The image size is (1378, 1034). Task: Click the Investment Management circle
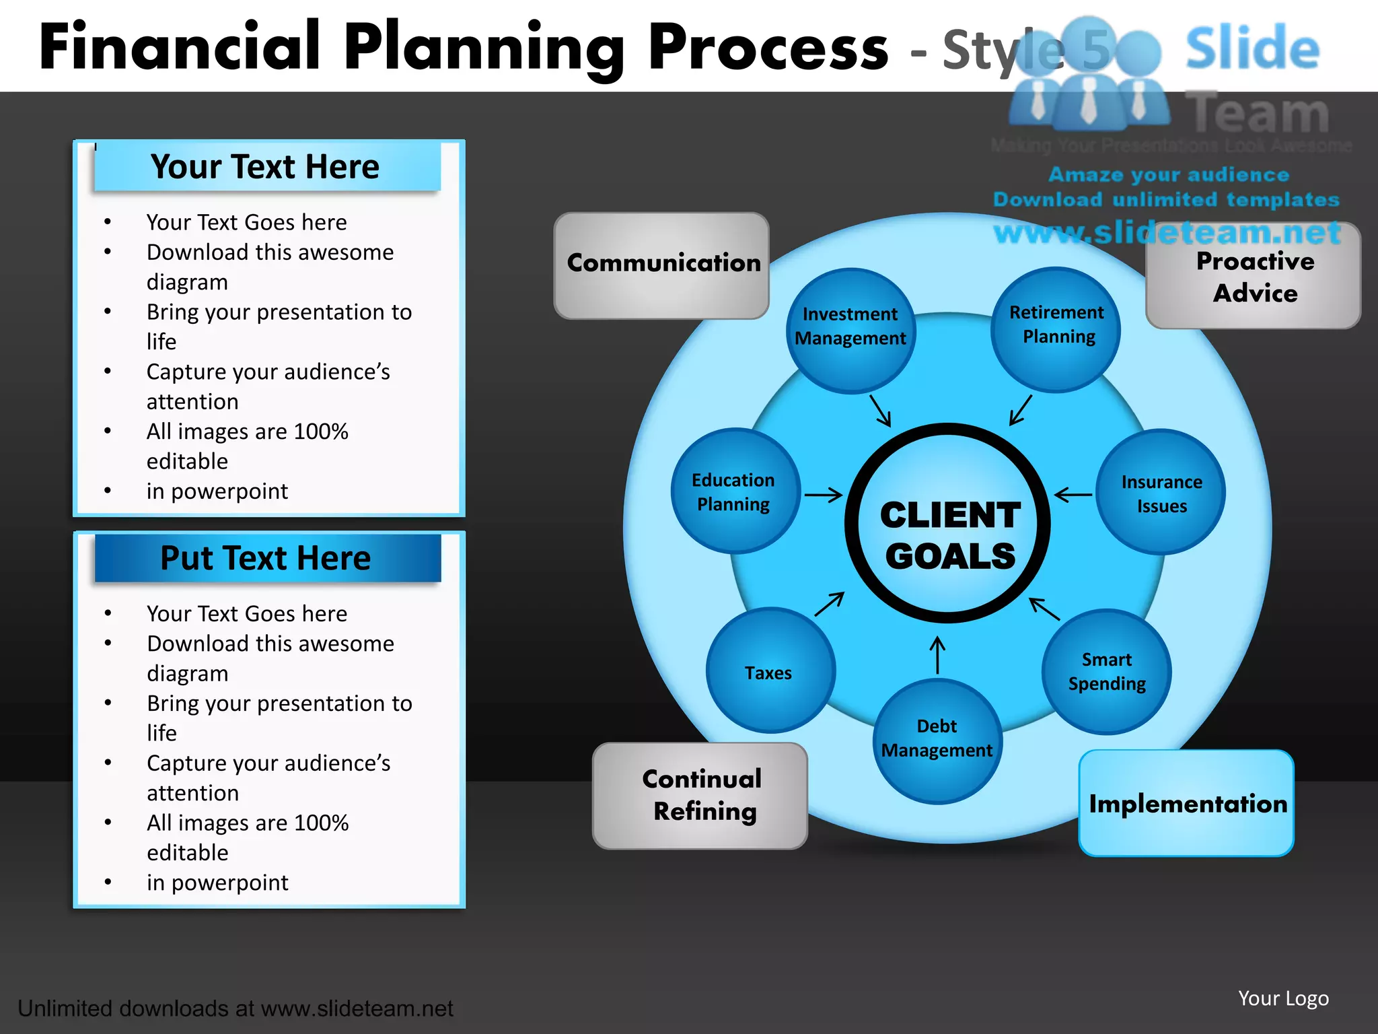pyautogui.click(x=850, y=330)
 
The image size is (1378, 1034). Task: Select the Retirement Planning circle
pyautogui.click(x=1056, y=329)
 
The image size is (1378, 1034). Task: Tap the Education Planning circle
pyautogui.click(x=735, y=491)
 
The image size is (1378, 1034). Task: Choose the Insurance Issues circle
pyautogui.click(x=1161, y=493)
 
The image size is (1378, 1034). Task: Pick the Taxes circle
pyautogui.click(x=770, y=671)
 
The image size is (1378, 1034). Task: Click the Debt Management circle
pyautogui.click(x=937, y=740)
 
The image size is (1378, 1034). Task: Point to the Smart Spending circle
pyautogui.click(x=1107, y=671)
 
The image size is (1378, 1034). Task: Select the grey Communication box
pyautogui.click(x=661, y=266)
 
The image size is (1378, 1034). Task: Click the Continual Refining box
pyautogui.click(x=700, y=796)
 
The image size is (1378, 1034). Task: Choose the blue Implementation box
pyautogui.click(x=1186, y=804)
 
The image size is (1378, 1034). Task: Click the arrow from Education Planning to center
pyautogui.click(x=824, y=495)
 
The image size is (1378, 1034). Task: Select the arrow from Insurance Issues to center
pyautogui.click(x=1073, y=495)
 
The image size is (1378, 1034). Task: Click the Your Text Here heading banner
pyautogui.click(x=266, y=166)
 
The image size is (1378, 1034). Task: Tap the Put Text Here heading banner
pyautogui.click(x=266, y=558)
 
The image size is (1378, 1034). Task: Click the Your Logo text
pyautogui.click(x=1283, y=998)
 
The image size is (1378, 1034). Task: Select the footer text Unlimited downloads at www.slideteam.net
pyautogui.click(x=235, y=1008)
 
